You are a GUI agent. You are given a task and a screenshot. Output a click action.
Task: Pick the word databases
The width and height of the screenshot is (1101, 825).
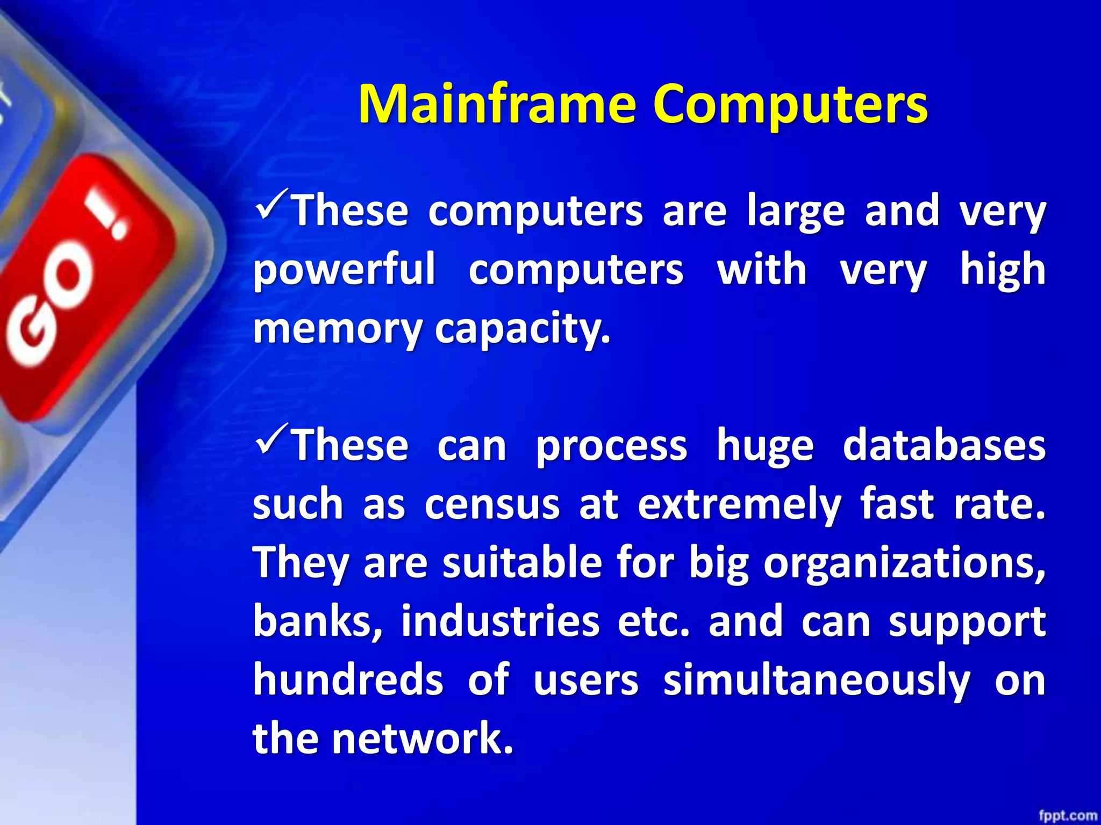click(943, 446)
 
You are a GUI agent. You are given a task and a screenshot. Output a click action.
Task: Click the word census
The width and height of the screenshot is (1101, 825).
click(492, 505)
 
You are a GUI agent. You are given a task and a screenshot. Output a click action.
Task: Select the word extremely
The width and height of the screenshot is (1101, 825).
click(739, 505)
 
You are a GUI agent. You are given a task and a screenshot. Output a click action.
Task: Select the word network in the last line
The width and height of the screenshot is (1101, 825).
click(422, 739)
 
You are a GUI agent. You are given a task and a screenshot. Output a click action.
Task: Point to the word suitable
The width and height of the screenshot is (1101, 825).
click(521, 563)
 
